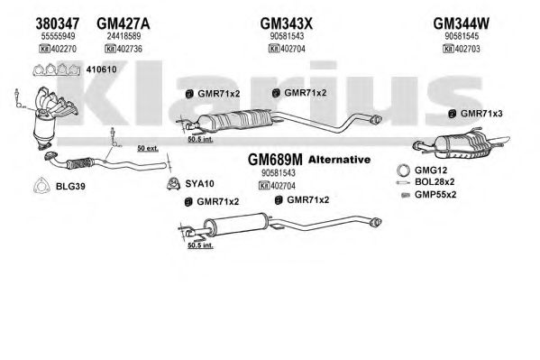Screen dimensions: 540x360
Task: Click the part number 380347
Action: coord(58,23)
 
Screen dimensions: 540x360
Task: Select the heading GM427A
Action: coord(124,23)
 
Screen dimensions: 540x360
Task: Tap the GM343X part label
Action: coord(286,23)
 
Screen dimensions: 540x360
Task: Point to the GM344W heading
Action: coord(461,23)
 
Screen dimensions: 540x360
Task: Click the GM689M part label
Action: coord(275,160)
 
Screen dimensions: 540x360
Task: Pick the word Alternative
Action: coord(340,160)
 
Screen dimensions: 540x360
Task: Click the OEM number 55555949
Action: coord(58,36)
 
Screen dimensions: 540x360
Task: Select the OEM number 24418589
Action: coord(124,36)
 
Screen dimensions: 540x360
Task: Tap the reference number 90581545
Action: coord(462,36)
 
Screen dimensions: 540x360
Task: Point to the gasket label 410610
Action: coord(101,69)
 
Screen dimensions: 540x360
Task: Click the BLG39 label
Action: coord(70,187)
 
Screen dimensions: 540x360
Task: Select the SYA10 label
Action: coord(200,184)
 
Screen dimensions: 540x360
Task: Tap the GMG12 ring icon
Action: coord(403,171)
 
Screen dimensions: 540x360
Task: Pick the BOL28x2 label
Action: coord(435,181)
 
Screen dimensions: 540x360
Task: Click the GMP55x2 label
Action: coord(435,195)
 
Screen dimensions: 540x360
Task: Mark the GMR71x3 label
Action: coord(481,114)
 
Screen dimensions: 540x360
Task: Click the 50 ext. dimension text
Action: coord(148,148)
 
